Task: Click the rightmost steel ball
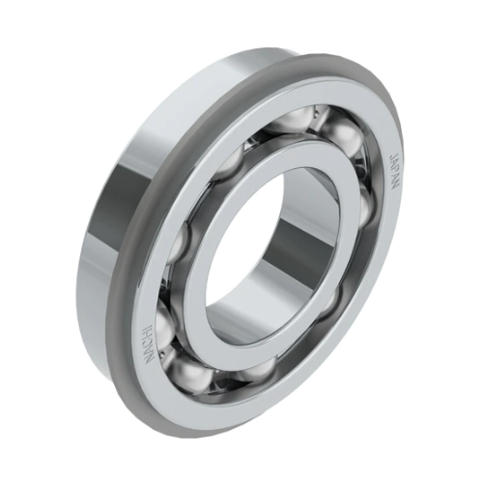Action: (x=371, y=208)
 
